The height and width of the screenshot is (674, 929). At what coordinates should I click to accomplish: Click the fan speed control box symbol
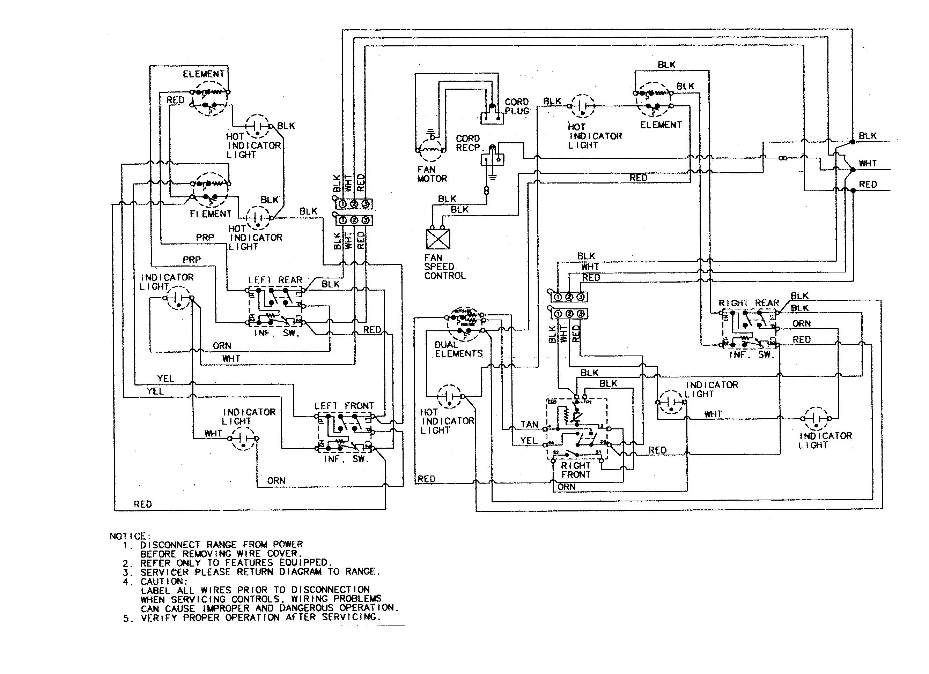pos(438,239)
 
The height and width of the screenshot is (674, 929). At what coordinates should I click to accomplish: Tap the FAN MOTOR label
pos(432,174)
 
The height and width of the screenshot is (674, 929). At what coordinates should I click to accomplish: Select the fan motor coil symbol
pos(430,150)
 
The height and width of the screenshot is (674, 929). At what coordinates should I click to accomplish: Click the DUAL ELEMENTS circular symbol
pos(465,324)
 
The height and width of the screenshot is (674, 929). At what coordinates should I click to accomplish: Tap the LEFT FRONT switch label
pos(344,406)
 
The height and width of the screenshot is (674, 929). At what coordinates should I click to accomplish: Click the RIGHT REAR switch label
pos(749,303)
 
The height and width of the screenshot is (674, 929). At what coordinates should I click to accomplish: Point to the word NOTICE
pos(130,536)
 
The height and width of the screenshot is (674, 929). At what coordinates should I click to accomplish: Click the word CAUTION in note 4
pos(164,582)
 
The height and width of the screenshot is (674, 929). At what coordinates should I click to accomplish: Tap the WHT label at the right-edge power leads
pos(868,163)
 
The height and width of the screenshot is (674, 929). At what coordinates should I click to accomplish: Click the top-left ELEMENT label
pos(204,74)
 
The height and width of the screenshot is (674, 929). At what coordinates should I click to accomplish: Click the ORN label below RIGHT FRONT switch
pos(567,487)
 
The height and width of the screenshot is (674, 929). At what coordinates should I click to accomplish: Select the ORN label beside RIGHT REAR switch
pos(802,324)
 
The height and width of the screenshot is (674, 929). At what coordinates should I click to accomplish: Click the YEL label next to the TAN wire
pos(529,441)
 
